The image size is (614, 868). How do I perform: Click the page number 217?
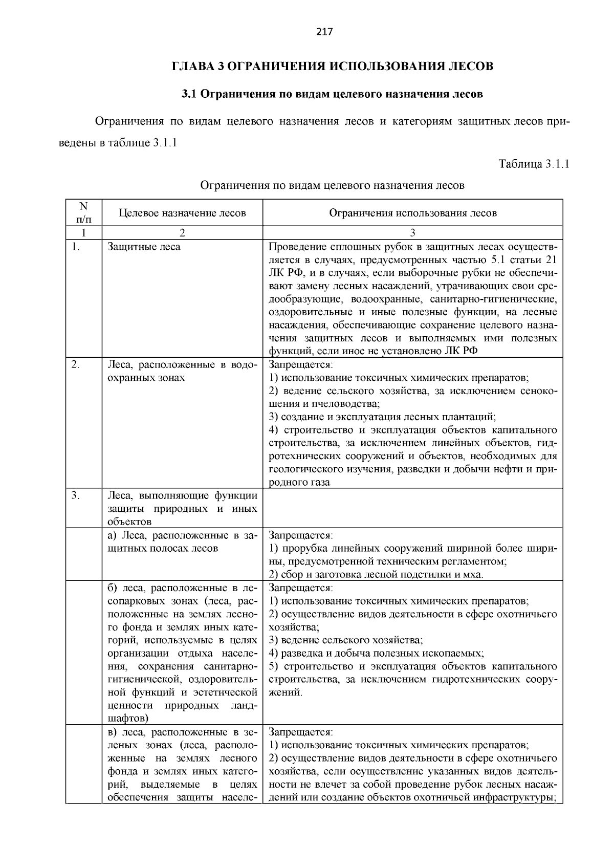[x=324, y=32]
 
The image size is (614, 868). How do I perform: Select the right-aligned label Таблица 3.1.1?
[x=533, y=164]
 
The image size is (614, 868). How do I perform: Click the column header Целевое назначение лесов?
[x=182, y=213]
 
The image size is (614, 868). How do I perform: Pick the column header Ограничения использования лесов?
[x=412, y=213]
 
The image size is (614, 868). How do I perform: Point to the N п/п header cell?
[x=84, y=213]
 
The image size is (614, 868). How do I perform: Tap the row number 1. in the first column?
[x=76, y=247]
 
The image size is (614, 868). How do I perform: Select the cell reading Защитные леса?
[x=144, y=247]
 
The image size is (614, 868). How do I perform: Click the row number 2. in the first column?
[x=76, y=365]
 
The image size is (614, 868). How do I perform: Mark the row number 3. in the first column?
[x=76, y=495]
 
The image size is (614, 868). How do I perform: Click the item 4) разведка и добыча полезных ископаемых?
[x=376, y=653]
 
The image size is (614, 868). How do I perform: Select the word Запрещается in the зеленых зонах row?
[x=300, y=732]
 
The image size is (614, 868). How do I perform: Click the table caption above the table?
[x=332, y=185]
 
